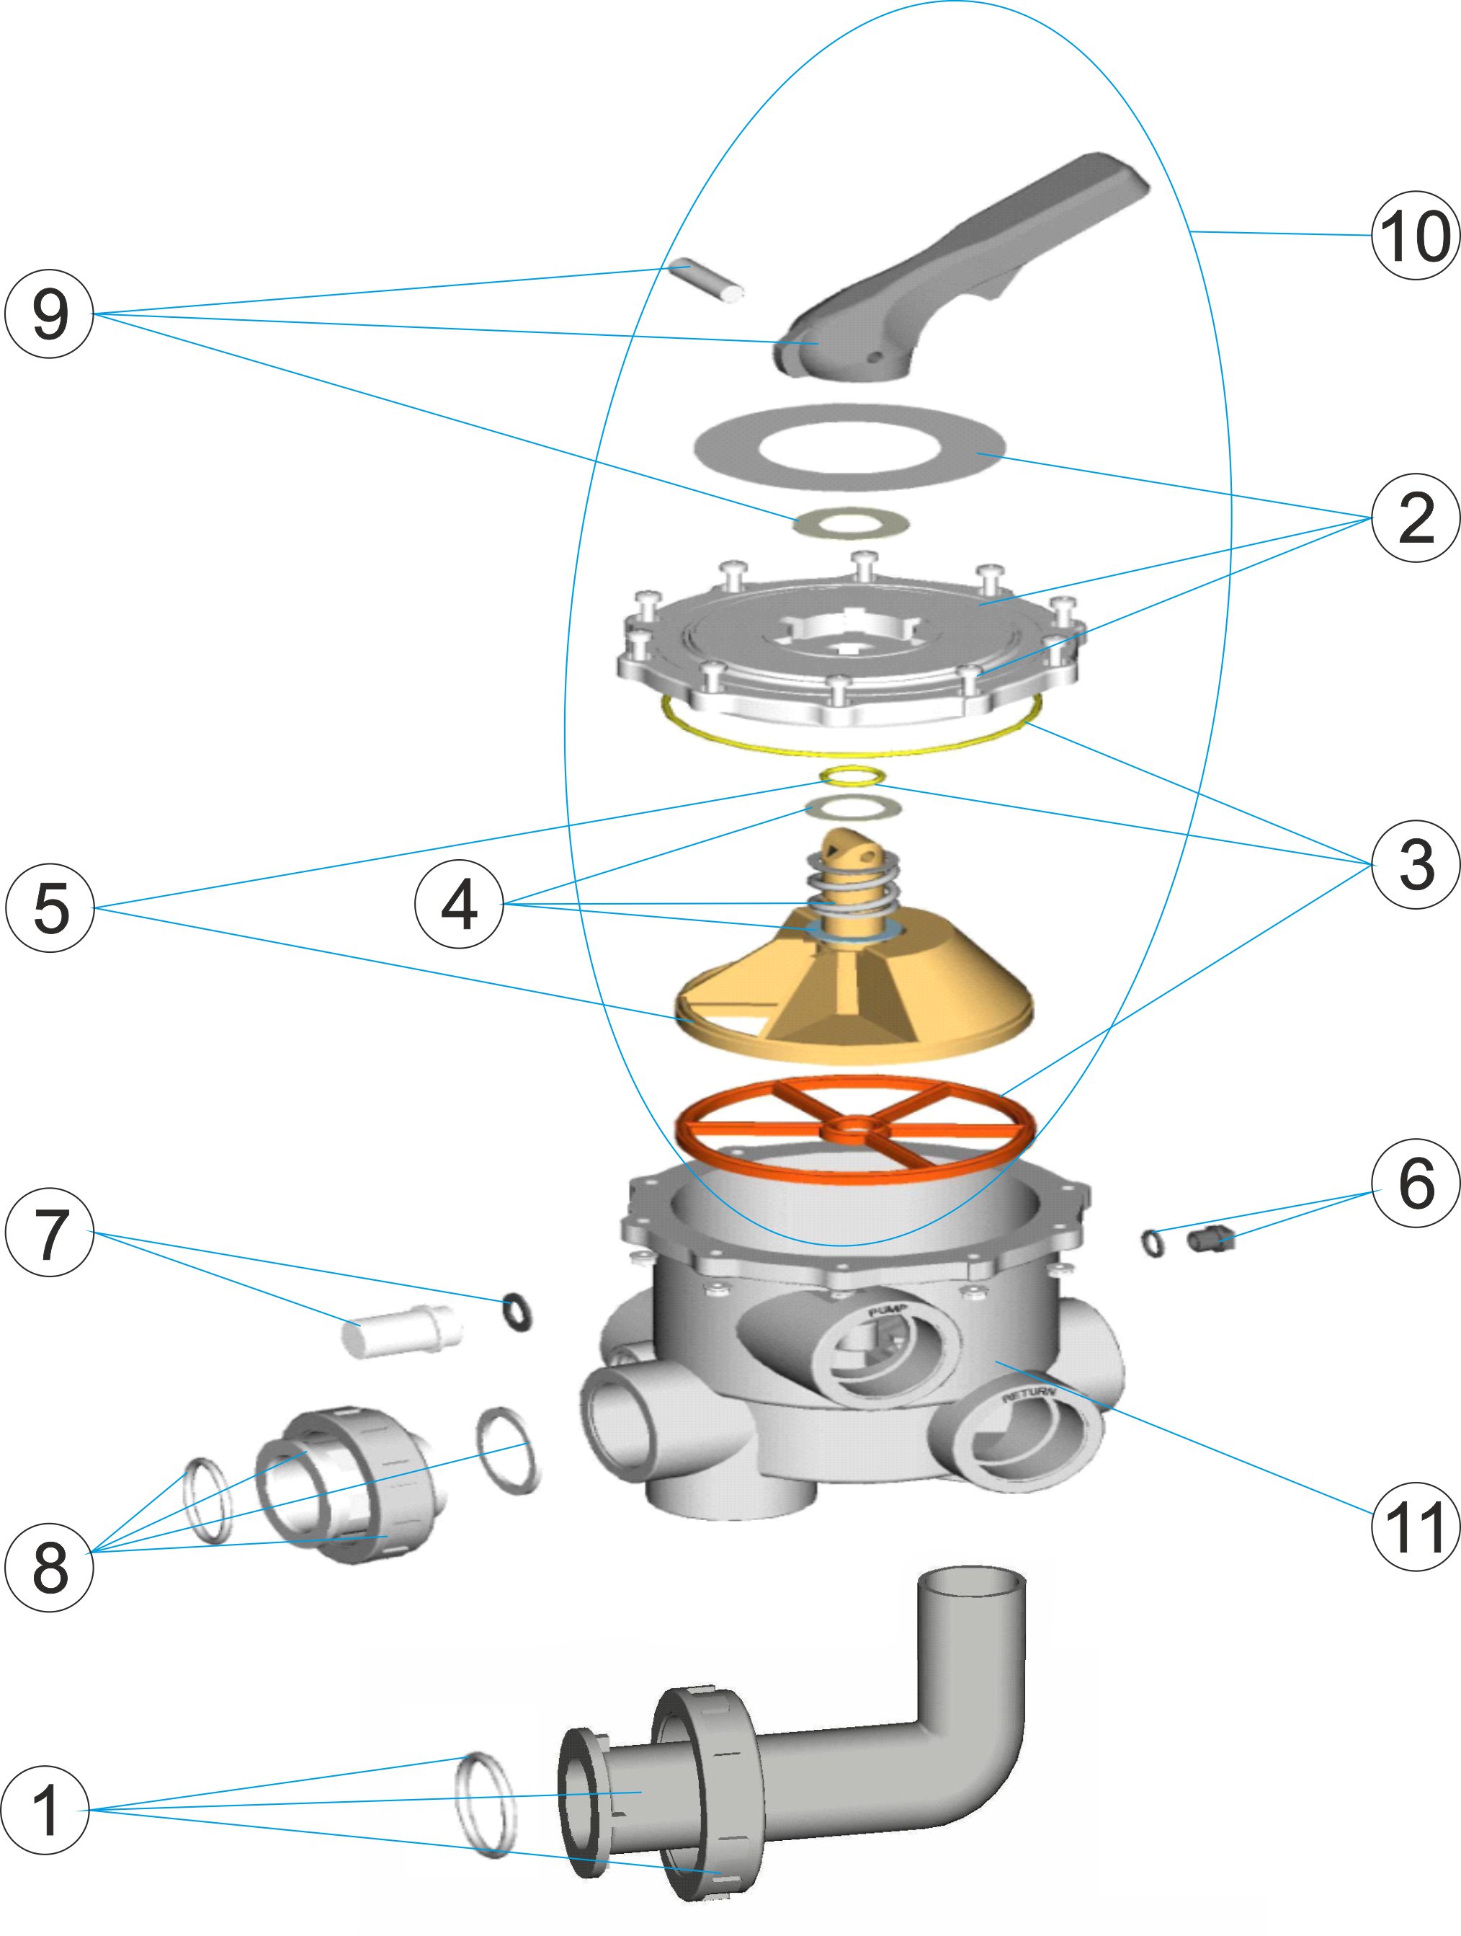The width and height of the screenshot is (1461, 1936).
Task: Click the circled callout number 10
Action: pos(1415,236)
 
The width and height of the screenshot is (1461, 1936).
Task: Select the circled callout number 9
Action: pos(49,314)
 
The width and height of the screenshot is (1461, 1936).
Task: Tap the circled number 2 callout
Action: pos(1415,518)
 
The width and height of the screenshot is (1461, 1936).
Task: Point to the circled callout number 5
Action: pos(50,907)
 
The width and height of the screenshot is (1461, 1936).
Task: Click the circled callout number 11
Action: pos(1415,1527)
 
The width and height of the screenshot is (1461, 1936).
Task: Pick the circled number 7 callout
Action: pos(49,1231)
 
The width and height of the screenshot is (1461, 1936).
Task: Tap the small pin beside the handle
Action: pos(706,278)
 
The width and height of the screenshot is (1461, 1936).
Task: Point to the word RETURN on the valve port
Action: pos(1028,1393)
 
